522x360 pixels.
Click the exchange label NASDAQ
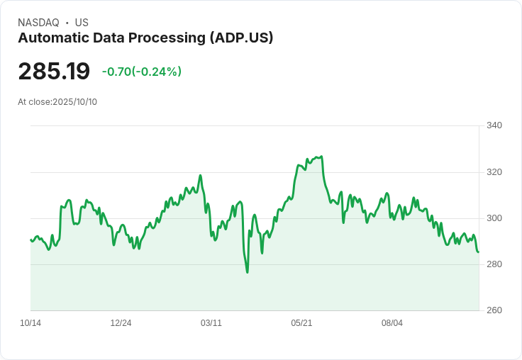[38, 23]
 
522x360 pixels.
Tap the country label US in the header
[82, 23]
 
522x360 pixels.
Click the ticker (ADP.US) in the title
[241, 38]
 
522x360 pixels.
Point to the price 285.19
[54, 72]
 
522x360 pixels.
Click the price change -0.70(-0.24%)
[142, 72]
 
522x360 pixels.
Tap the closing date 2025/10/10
[75, 102]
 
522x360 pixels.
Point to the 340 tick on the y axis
[494, 126]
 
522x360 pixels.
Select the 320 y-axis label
[494, 172]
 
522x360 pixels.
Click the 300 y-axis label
[494, 218]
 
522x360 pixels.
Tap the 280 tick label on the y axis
[494, 264]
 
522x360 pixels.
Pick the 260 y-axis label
[494, 310]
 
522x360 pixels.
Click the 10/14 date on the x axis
[30, 323]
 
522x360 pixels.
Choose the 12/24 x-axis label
[121, 323]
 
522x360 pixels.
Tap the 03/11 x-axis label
[211, 323]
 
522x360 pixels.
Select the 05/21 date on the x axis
[301, 323]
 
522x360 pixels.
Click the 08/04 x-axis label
[392, 323]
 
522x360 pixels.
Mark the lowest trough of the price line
[247, 272]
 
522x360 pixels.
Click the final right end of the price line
[478, 252]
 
